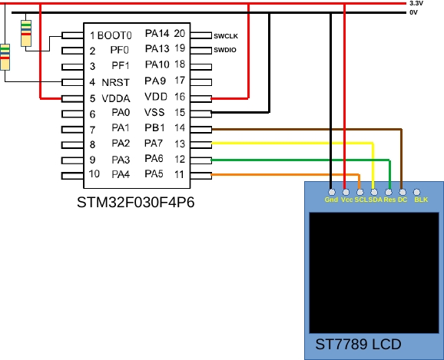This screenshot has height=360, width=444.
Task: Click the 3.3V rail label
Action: [416, 4]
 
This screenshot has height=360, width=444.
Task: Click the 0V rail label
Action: [413, 12]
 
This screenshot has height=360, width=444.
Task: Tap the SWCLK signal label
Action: [226, 35]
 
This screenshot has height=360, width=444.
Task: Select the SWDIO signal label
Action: [225, 51]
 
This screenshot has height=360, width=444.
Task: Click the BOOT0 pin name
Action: [115, 35]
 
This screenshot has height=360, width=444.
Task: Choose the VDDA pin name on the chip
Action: [115, 98]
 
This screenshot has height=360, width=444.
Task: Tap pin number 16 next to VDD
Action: [180, 97]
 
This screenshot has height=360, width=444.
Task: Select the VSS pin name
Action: [156, 113]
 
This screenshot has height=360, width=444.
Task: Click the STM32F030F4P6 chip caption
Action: [136, 204]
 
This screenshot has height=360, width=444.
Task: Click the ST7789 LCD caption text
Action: [358, 345]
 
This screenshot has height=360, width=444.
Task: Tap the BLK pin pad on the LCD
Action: [417, 192]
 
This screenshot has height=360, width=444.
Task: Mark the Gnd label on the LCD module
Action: [331, 200]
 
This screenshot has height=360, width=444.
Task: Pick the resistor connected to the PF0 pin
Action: [27, 32]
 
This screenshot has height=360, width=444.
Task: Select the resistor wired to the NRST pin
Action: [5, 57]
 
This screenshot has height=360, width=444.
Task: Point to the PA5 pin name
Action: [155, 175]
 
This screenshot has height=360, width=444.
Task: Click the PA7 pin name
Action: [155, 144]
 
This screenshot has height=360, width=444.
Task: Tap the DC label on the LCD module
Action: [403, 200]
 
